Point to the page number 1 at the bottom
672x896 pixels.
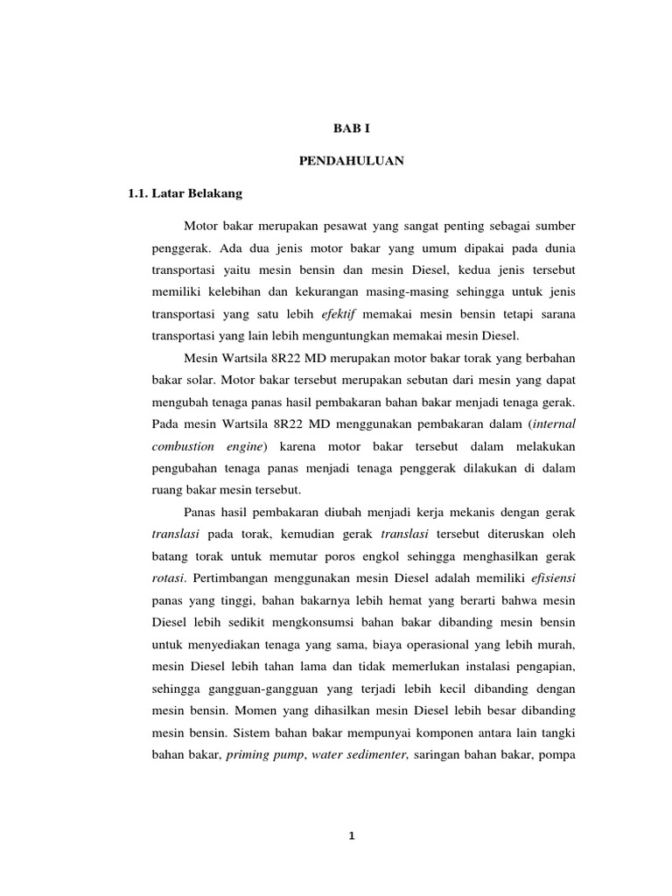click(x=352, y=836)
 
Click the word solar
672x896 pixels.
click(x=194, y=380)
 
